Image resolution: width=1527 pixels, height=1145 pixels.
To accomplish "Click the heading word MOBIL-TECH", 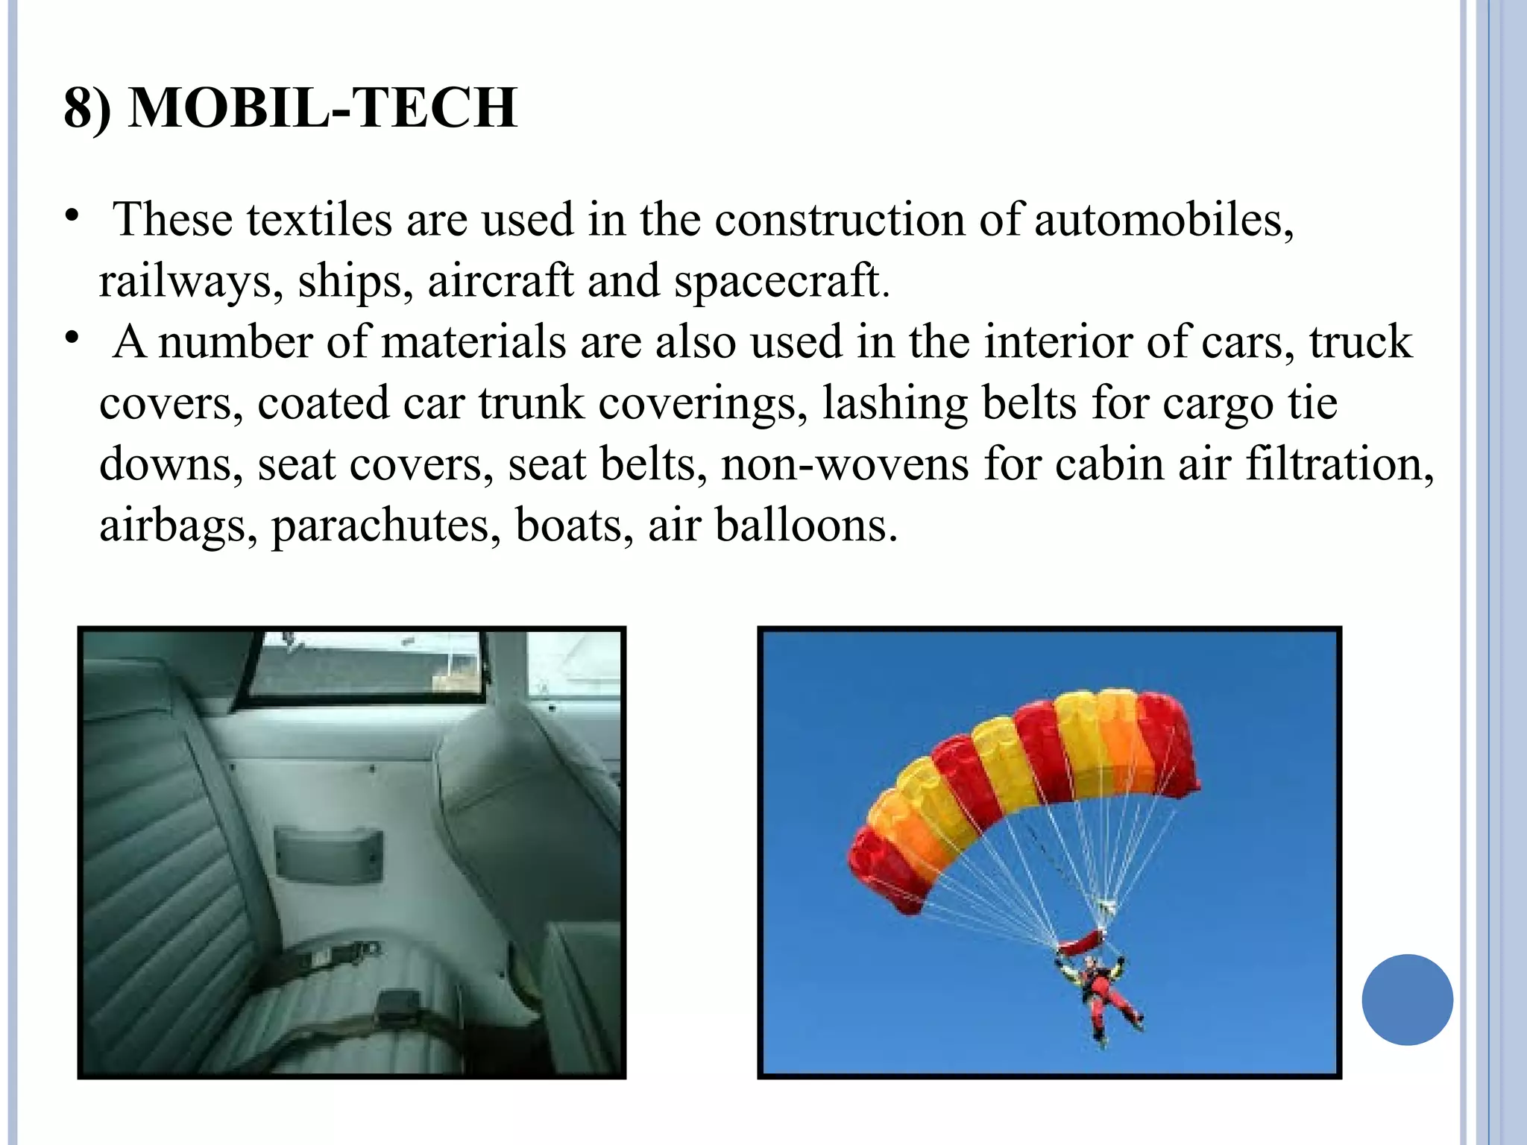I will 322,108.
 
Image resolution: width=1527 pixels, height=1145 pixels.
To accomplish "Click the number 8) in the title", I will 87,108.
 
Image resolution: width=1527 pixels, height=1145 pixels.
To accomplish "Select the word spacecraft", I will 781,281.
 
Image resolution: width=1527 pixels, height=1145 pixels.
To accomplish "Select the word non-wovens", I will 845,464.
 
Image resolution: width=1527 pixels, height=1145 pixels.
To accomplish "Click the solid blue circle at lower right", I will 1407,1000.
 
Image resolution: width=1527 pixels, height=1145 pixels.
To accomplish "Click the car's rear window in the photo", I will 365,667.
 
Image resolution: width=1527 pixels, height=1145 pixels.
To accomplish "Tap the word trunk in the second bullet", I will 531,403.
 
